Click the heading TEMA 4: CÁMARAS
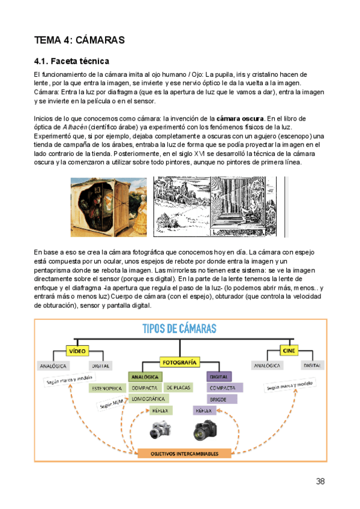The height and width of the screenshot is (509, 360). point(79,40)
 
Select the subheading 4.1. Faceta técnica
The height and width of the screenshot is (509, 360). point(71,61)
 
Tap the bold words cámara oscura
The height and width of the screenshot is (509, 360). point(239,118)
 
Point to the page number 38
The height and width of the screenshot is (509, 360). point(320,481)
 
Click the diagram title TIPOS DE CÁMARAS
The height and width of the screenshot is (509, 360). point(180,329)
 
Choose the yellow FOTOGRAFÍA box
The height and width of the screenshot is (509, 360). point(179,363)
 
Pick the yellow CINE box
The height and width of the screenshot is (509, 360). point(289,351)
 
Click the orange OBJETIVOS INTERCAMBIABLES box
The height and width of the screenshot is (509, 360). point(184,454)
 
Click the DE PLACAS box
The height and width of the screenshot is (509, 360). point(179,388)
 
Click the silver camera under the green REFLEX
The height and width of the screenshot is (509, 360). point(161,430)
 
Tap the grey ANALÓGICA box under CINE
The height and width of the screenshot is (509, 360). point(267,365)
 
